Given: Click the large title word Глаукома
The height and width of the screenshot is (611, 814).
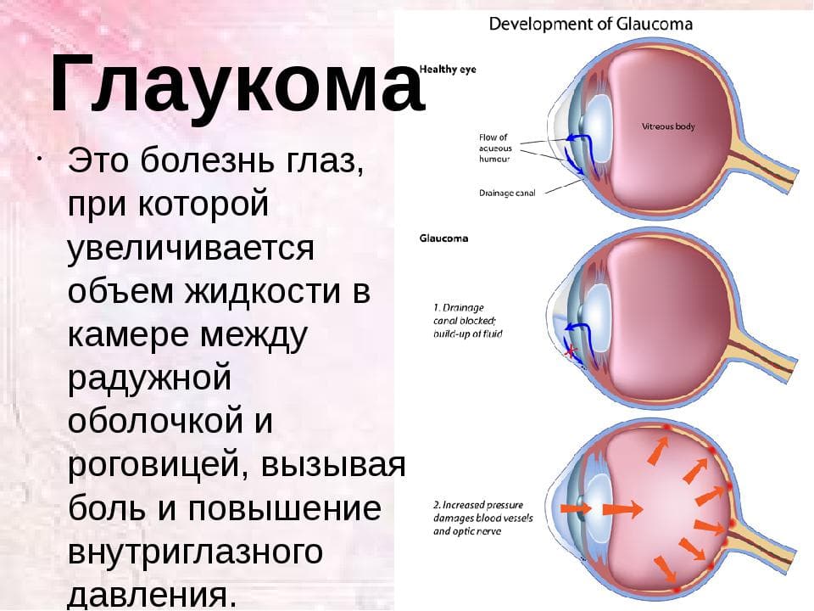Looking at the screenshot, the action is tap(237, 84).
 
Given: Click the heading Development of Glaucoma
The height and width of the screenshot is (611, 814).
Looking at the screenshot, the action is tap(591, 24).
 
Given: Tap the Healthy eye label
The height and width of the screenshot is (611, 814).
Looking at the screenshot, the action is tap(448, 69).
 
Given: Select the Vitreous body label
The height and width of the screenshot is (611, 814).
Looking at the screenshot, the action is tap(668, 126).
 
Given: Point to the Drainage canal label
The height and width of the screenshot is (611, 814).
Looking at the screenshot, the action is tap(507, 193).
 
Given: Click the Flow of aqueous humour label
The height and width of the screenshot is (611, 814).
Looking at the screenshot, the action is tap(495, 148).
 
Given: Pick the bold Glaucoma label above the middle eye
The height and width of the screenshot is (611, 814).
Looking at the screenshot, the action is tap(443, 238).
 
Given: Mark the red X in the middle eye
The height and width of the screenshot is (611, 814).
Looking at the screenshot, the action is tap(570, 351).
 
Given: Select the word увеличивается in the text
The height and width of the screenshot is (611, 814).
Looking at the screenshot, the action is tap(191, 248).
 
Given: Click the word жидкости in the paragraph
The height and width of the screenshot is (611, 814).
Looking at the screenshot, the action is tap(263, 291).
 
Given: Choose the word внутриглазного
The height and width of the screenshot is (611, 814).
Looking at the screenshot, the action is tap(195, 552).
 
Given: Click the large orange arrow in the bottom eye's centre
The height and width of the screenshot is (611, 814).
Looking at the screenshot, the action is tap(622, 509).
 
